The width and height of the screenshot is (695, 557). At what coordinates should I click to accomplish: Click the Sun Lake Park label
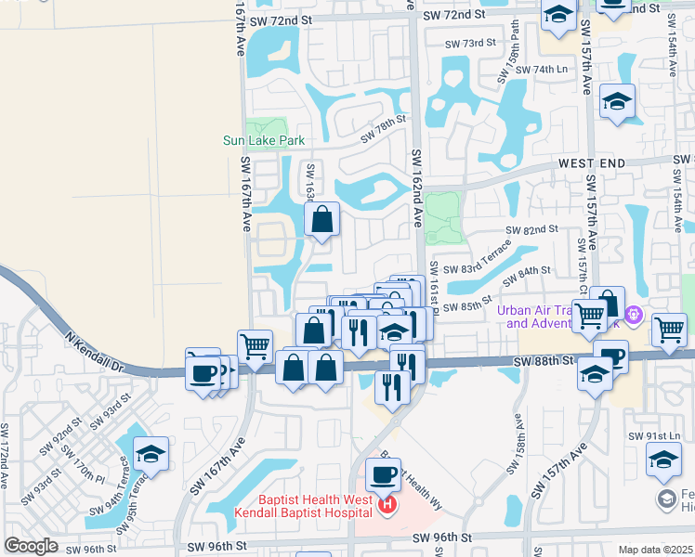pos(264,141)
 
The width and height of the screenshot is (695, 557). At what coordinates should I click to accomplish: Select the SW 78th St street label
pos(384,128)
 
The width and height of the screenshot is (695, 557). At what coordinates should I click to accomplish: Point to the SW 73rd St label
pos(470,44)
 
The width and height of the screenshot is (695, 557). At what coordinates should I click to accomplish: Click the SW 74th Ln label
pos(544,70)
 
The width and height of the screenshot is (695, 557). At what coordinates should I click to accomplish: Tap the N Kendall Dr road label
pos(94,350)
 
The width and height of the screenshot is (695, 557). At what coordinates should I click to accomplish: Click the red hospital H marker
pos(387,506)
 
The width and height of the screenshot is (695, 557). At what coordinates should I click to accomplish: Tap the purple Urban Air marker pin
pos(634,316)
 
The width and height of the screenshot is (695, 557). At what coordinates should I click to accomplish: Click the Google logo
pos(32,546)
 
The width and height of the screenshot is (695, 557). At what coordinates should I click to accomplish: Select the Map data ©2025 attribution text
pos(656,550)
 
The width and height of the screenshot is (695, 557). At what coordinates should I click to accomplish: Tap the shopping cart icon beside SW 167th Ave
pos(255,346)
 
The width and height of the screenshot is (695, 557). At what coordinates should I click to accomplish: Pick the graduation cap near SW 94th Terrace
pos(151,454)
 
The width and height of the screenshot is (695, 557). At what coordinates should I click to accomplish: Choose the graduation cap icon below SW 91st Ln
pos(663,460)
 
